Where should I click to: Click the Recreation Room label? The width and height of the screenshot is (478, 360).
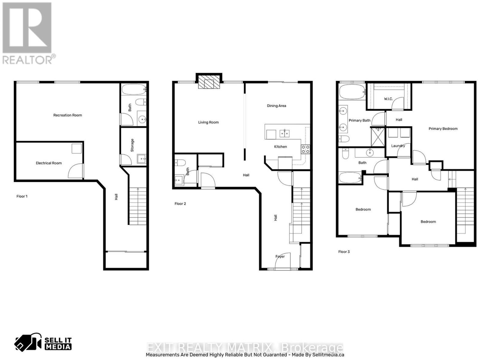pos(68,115)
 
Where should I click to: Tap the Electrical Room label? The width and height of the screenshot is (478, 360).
pos(49,163)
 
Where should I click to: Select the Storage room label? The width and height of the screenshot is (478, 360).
pos(132,145)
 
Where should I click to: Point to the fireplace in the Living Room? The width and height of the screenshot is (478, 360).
pos(209,82)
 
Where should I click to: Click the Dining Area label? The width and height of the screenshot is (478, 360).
pos(276,106)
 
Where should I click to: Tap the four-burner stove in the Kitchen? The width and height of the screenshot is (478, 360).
pos(305,149)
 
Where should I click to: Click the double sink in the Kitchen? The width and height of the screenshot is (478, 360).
pos(284,133)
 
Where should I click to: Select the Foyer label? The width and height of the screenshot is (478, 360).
pos(280,257)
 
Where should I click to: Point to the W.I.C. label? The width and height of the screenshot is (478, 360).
pos(388,99)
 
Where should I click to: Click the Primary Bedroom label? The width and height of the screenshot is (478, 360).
pos(443,129)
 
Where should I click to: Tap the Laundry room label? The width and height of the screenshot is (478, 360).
pos(398,146)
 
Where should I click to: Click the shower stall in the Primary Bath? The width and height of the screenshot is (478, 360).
pos(378,137)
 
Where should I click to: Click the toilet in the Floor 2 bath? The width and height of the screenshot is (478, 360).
pos(180,163)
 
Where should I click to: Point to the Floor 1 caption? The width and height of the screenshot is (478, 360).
pos(22,196)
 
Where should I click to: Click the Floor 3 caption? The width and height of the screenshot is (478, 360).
pos(344,252)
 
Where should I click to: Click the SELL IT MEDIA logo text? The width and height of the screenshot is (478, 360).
pos(58,344)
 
